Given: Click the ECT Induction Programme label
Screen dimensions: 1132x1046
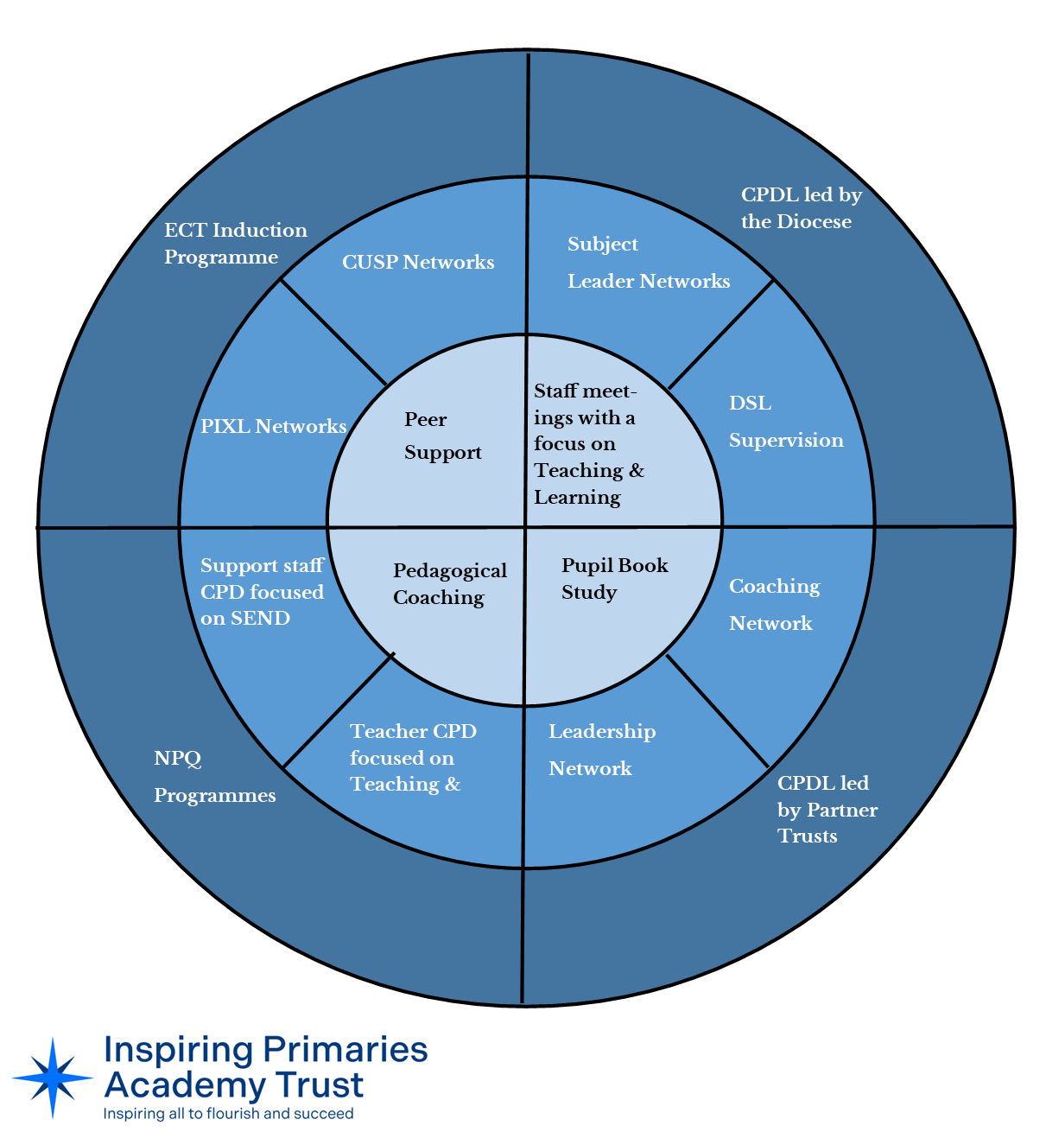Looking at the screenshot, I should tap(235, 244).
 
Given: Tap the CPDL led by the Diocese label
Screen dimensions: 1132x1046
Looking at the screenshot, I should tap(801, 208).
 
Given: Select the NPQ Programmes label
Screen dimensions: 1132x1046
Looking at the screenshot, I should tap(214, 777).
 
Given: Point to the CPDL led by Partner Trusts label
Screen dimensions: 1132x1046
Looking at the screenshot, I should tap(827, 810).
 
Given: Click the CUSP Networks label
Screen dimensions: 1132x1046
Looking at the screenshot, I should tap(418, 262).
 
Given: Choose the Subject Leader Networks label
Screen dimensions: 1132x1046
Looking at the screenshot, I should tap(648, 263).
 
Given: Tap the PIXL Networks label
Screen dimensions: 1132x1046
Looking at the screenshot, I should tap(273, 426).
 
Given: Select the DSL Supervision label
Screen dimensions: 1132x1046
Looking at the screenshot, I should tap(785, 422).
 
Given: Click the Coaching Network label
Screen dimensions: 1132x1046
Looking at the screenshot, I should tap(774, 605).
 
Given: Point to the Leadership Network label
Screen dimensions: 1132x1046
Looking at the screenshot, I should tap(601, 750).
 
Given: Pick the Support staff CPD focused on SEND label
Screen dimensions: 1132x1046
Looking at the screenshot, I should tap(262, 592).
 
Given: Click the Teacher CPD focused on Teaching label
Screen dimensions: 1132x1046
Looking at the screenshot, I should tap(412, 758).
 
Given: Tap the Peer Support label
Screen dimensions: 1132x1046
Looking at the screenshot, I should tap(442, 436).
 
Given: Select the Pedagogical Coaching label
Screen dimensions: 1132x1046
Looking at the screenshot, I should tap(449, 584).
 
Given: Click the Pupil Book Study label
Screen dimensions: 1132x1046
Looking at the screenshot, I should tap(614, 579).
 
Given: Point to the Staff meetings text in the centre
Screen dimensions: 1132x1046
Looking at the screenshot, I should tap(588, 444).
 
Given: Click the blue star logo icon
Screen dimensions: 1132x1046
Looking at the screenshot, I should tap(53, 1078).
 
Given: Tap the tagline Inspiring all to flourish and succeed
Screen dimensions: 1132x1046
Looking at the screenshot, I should tap(228, 1114).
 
